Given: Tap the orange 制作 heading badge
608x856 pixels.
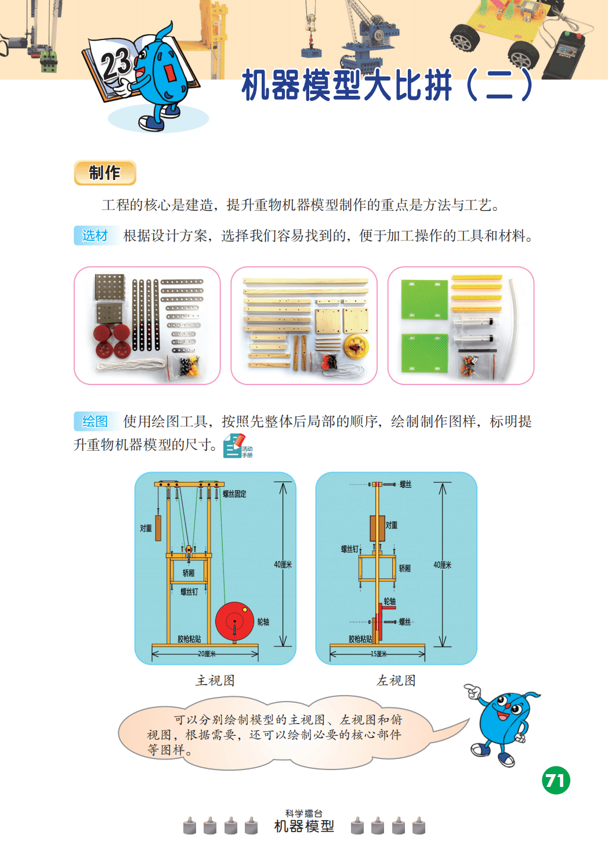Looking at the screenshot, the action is (x=105, y=172).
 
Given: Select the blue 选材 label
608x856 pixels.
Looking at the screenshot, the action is (x=95, y=235).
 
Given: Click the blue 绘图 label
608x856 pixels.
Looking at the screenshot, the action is (x=95, y=422).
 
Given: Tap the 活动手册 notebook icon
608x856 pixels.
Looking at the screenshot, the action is (x=237, y=446).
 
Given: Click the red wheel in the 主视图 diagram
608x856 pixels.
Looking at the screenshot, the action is (x=235, y=622).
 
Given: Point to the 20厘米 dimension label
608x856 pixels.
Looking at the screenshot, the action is (x=207, y=654).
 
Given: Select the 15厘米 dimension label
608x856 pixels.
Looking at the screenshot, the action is (x=378, y=654).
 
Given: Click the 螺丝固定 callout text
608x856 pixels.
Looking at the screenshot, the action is (x=234, y=494).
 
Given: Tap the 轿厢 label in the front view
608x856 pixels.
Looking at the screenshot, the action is (x=189, y=573).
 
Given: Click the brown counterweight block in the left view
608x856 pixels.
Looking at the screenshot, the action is (x=377, y=528).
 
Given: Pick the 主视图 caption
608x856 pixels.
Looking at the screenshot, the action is (x=215, y=681).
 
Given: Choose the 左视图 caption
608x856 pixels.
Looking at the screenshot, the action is (x=396, y=681).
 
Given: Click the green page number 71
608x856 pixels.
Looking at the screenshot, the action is (x=556, y=781).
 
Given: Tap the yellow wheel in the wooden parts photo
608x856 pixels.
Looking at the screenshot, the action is (x=356, y=346).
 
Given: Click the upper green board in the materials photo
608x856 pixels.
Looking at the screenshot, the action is (x=425, y=300).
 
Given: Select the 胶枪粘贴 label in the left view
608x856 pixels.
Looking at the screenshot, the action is (x=360, y=639).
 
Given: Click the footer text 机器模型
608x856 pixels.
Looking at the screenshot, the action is (x=304, y=826).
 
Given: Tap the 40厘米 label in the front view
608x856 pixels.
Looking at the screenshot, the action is (x=283, y=564).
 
